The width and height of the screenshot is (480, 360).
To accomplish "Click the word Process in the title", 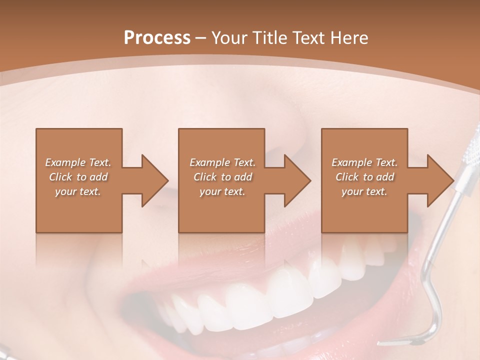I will click(157, 37).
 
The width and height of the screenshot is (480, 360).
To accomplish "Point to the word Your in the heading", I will click(228, 37).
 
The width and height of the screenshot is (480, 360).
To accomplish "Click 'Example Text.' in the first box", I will click(78, 162).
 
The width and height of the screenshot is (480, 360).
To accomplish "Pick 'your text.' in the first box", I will click(78, 191).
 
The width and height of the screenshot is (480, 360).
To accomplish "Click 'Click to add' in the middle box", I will click(222, 177).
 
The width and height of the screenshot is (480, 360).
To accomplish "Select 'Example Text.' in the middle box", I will click(222, 162).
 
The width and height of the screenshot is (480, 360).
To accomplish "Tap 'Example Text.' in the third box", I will click(364, 162).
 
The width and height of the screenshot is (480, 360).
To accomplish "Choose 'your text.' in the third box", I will click(364, 191).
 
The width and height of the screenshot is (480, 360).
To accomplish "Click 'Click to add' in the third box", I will click(364, 177).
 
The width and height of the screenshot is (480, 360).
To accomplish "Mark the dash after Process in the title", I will click(200, 38).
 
